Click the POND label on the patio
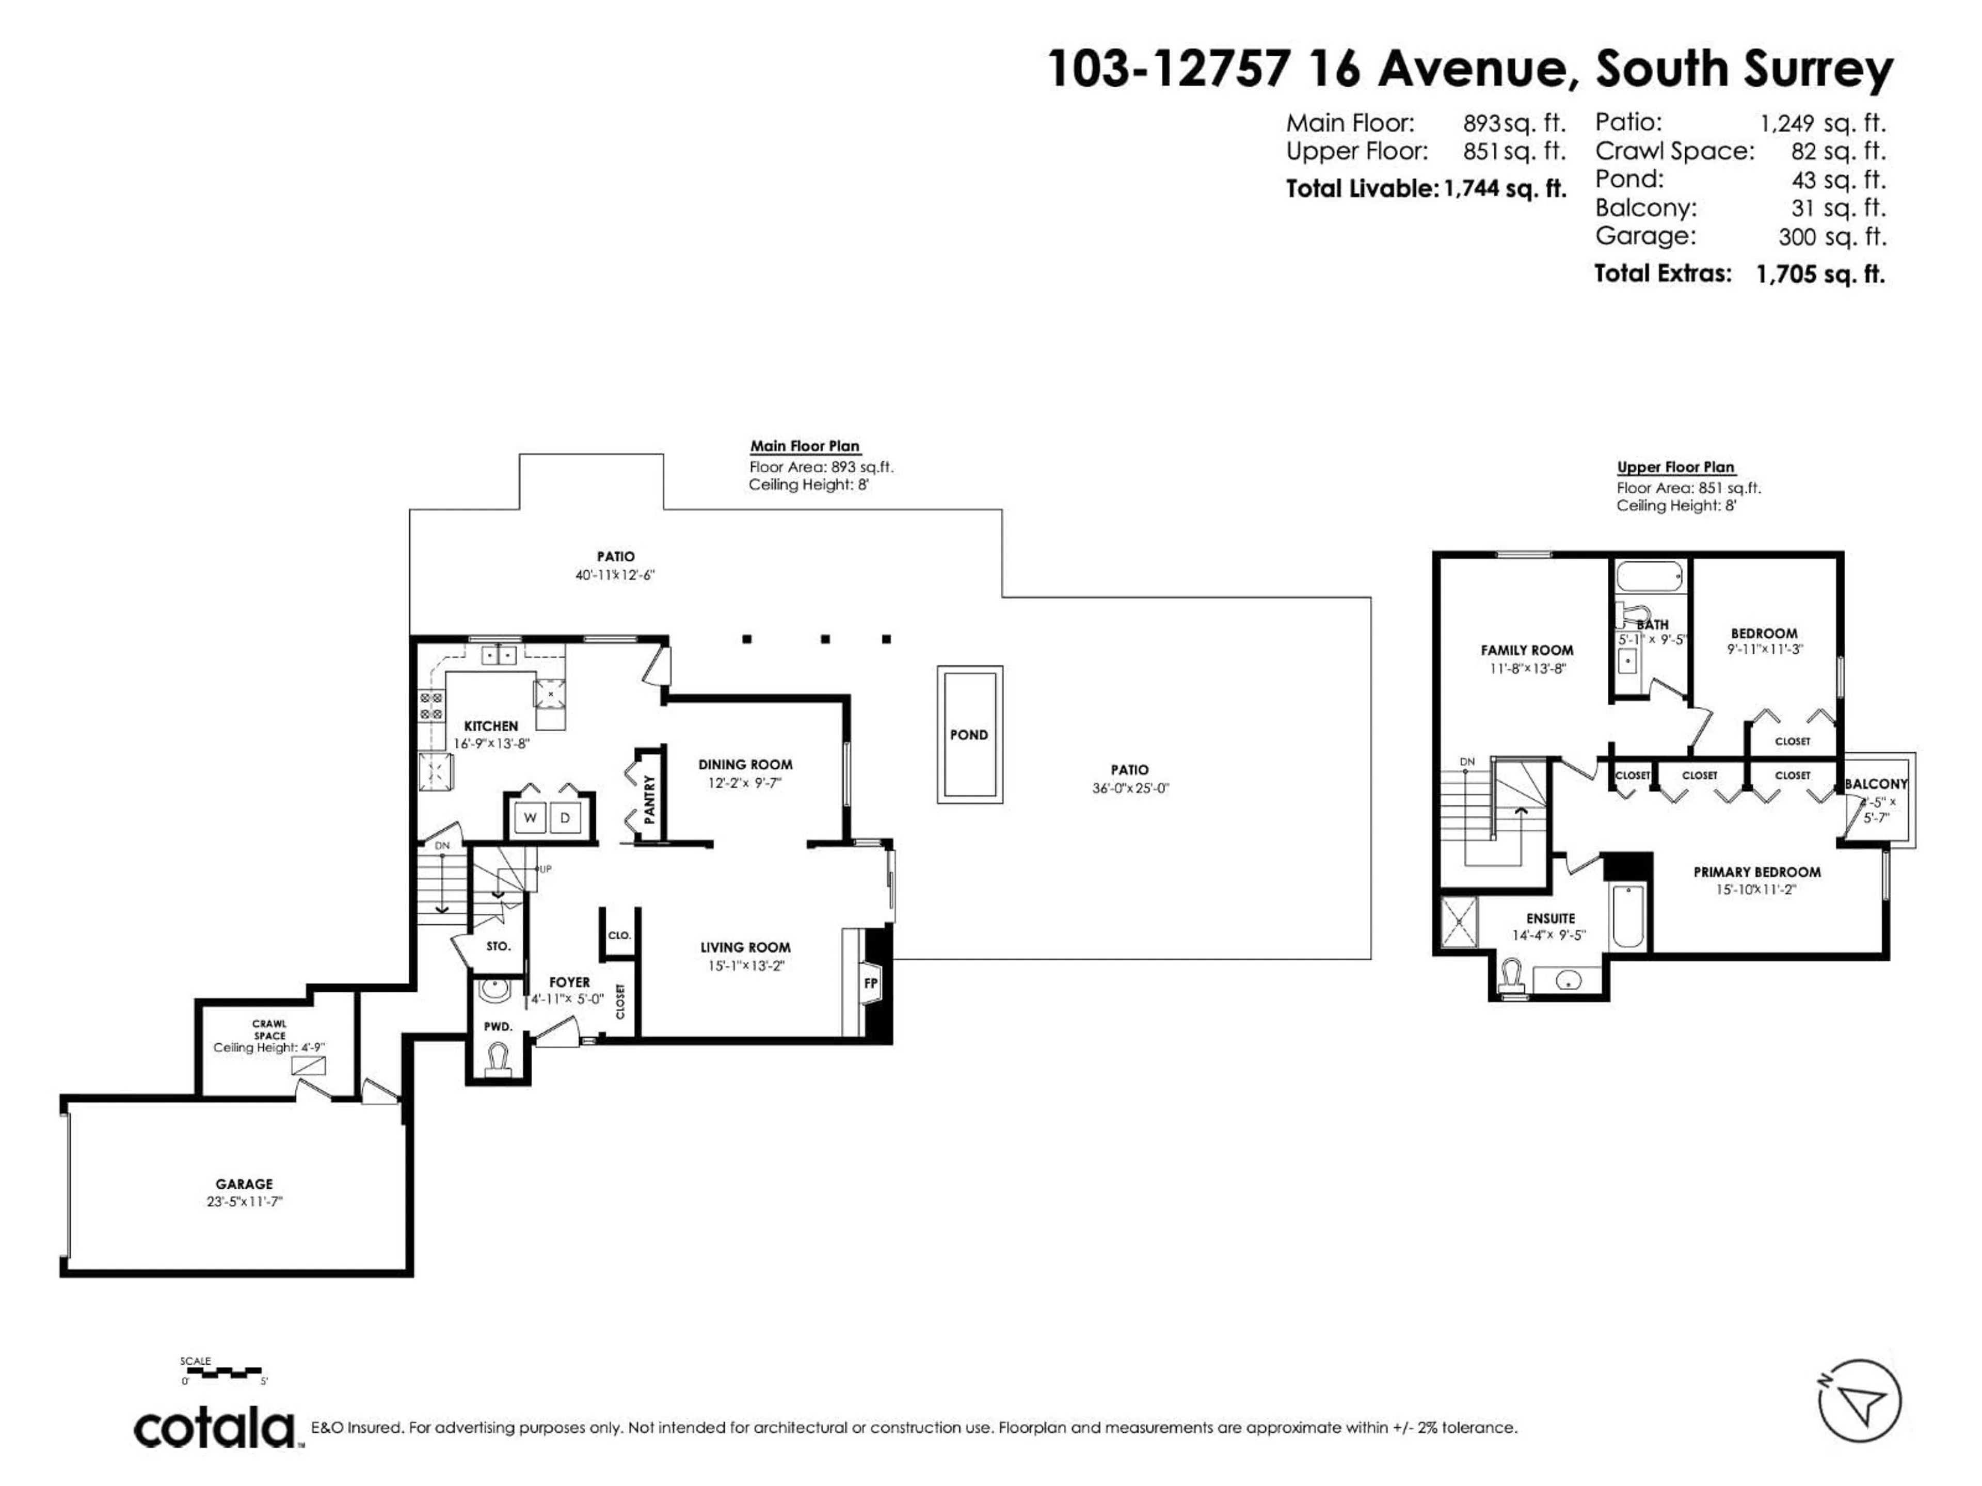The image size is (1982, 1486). pos(969,735)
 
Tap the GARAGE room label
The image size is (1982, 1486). pos(244,1183)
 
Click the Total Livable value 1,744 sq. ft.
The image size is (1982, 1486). pos(1505,189)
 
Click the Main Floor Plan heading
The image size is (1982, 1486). pos(805,446)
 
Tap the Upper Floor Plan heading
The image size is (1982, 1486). pos(1675,467)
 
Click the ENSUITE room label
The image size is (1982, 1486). pos(1550,918)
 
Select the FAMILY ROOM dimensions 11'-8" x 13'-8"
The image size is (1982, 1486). pos(1527,668)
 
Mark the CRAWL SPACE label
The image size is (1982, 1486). pos(269,1029)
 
